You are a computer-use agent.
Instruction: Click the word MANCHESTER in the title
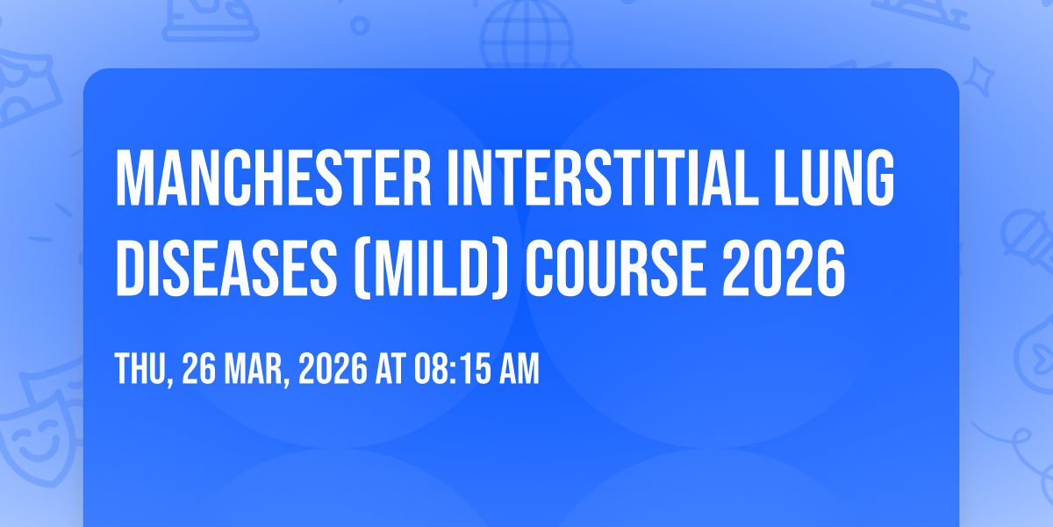[273, 177]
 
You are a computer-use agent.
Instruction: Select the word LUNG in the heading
[834, 177]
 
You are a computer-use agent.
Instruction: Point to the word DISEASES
[226, 268]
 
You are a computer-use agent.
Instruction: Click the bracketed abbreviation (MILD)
[431, 269]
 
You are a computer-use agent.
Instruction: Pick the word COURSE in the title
[615, 268]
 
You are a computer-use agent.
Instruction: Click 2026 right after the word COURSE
[784, 268]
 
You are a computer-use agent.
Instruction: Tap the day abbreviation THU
[141, 368]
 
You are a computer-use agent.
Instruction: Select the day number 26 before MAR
[198, 368]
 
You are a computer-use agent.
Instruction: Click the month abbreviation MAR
[254, 368]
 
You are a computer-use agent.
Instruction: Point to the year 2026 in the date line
[333, 368]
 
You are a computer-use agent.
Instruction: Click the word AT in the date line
[390, 368]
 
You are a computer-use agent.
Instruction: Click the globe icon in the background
[526, 33]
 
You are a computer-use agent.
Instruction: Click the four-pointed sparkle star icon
[978, 77]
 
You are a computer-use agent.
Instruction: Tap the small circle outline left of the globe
[360, 25]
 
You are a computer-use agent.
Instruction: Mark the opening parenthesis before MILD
[361, 269]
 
